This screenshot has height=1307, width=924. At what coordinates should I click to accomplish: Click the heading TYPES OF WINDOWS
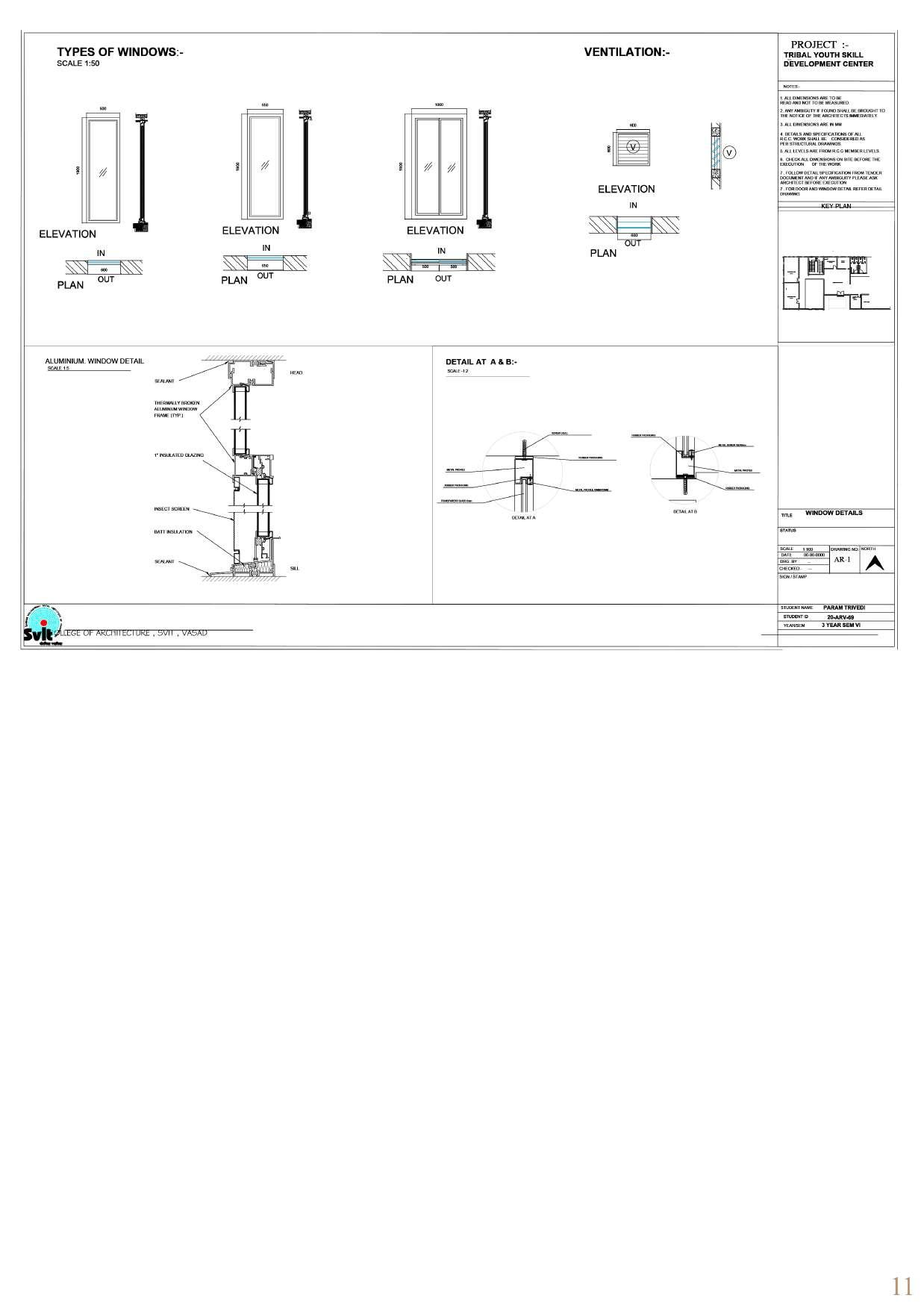coord(119,52)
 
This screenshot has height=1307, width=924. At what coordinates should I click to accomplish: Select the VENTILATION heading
coord(626,52)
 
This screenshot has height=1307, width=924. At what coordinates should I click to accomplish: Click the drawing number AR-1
coord(842,560)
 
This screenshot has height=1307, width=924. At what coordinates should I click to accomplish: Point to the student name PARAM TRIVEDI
coord(844,608)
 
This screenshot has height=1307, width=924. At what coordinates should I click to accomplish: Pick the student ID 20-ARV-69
coord(840,617)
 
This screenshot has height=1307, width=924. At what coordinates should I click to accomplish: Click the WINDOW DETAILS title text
coord(834,514)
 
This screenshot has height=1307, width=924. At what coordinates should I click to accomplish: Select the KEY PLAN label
coord(836,206)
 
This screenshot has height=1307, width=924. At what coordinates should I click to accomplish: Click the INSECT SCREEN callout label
coord(172,509)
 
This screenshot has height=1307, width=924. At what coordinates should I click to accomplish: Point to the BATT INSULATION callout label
coord(173,532)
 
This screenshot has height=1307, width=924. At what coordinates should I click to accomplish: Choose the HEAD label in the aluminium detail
coord(296,372)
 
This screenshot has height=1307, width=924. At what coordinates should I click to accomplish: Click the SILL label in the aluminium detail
coord(295,569)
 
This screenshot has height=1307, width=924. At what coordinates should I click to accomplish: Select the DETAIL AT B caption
coord(684,512)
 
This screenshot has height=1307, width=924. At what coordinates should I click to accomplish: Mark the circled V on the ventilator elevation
coord(633,147)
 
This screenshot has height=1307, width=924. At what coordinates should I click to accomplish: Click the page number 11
coord(902,1286)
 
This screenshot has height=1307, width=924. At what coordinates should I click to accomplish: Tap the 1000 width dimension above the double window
coord(438,105)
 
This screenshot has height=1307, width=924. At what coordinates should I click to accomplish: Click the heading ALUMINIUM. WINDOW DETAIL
coord(94,361)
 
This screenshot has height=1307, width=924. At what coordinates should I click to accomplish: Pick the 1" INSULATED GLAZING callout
coord(178,455)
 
